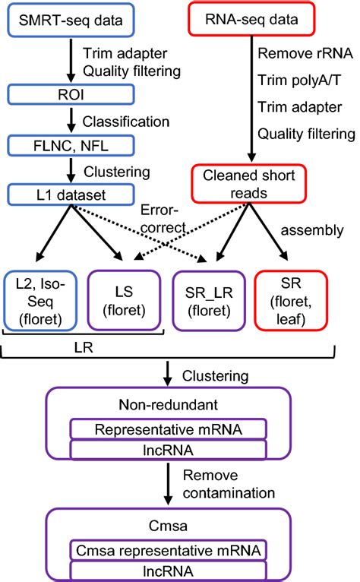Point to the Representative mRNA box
pos(168,429)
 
